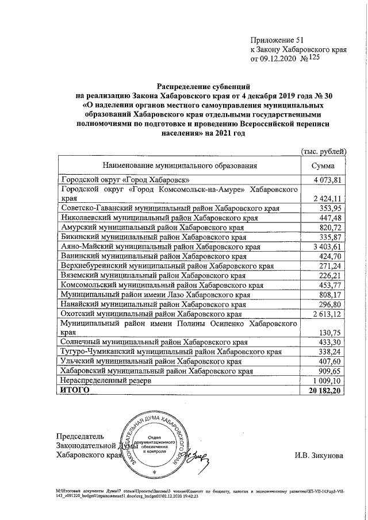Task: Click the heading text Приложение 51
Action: coord(275,40)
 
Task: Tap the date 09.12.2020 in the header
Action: coord(282,59)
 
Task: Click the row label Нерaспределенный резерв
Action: coord(103,380)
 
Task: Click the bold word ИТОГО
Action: coord(75,390)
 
